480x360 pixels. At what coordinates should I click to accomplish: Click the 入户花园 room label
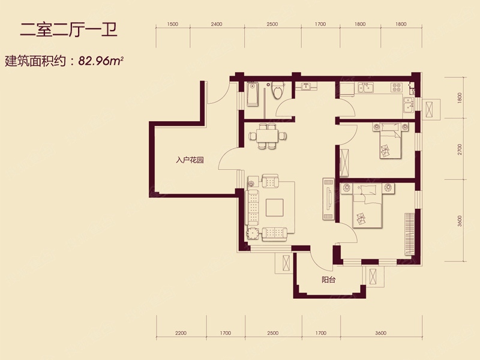(x=190, y=160)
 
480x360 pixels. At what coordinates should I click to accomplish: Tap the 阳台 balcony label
(x=328, y=280)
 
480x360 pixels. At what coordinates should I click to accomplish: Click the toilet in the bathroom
(x=278, y=90)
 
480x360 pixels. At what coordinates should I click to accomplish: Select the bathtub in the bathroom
(x=253, y=94)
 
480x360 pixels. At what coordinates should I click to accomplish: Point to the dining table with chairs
(x=268, y=136)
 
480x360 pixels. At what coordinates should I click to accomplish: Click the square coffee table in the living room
(x=274, y=208)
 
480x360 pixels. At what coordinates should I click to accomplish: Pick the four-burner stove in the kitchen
(x=396, y=88)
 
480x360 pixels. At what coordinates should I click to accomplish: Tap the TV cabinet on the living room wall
(x=328, y=199)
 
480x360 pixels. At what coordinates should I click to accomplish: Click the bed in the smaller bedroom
(x=391, y=140)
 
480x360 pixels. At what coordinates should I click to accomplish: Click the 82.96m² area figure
(x=101, y=61)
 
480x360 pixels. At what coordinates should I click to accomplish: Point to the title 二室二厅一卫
(x=68, y=31)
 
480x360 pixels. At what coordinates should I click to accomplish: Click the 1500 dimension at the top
(x=173, y=24)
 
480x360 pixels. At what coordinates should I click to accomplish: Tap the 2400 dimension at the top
(x=217, y=24)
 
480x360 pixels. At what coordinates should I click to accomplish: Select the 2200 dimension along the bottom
(x=181, y=333)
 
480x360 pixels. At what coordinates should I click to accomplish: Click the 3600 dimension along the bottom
(x=380, y=333)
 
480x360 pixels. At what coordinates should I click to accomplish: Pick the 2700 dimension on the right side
(x=460, y=149)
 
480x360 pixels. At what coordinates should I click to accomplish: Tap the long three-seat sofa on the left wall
(x=252, y=208)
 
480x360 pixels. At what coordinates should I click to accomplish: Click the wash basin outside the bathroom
(x=306, y=86)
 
